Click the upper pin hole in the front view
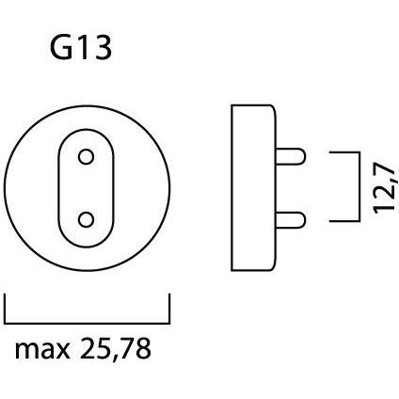pyautogui.click(x=86, y=156)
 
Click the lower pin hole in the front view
pyautogui.click(x=86, y=220)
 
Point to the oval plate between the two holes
pyautogui.click(x=86, y=188)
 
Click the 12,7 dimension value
pyautogui.click(x=384, y=188)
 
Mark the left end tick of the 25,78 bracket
pyautogui.click(x=7, y=307)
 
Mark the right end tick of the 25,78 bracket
pyautogui.click(x=169, y=307)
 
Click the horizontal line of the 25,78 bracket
pyautogui.click(x=88, y=320)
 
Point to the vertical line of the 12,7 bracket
pyautogui.click(x=359, y=188)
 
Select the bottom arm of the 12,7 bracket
pyautogui.click(x=344, y=221)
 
